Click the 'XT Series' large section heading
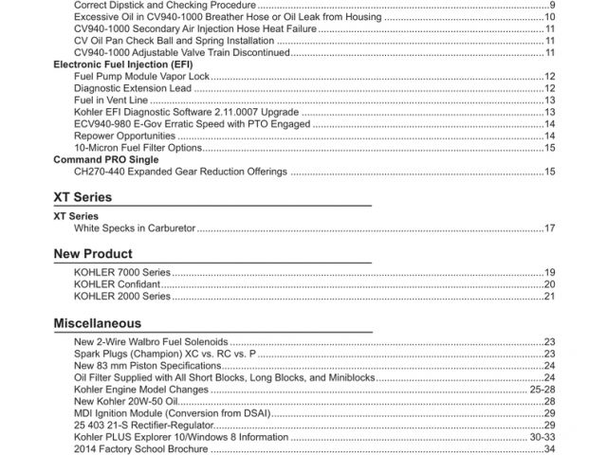coord(83,197)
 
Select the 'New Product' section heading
coord(92,254)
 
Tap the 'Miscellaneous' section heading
coord(93,323)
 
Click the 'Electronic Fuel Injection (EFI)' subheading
coord(122,64)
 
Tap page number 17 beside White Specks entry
coord(549,228)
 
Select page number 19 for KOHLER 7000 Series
coord(549,272)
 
